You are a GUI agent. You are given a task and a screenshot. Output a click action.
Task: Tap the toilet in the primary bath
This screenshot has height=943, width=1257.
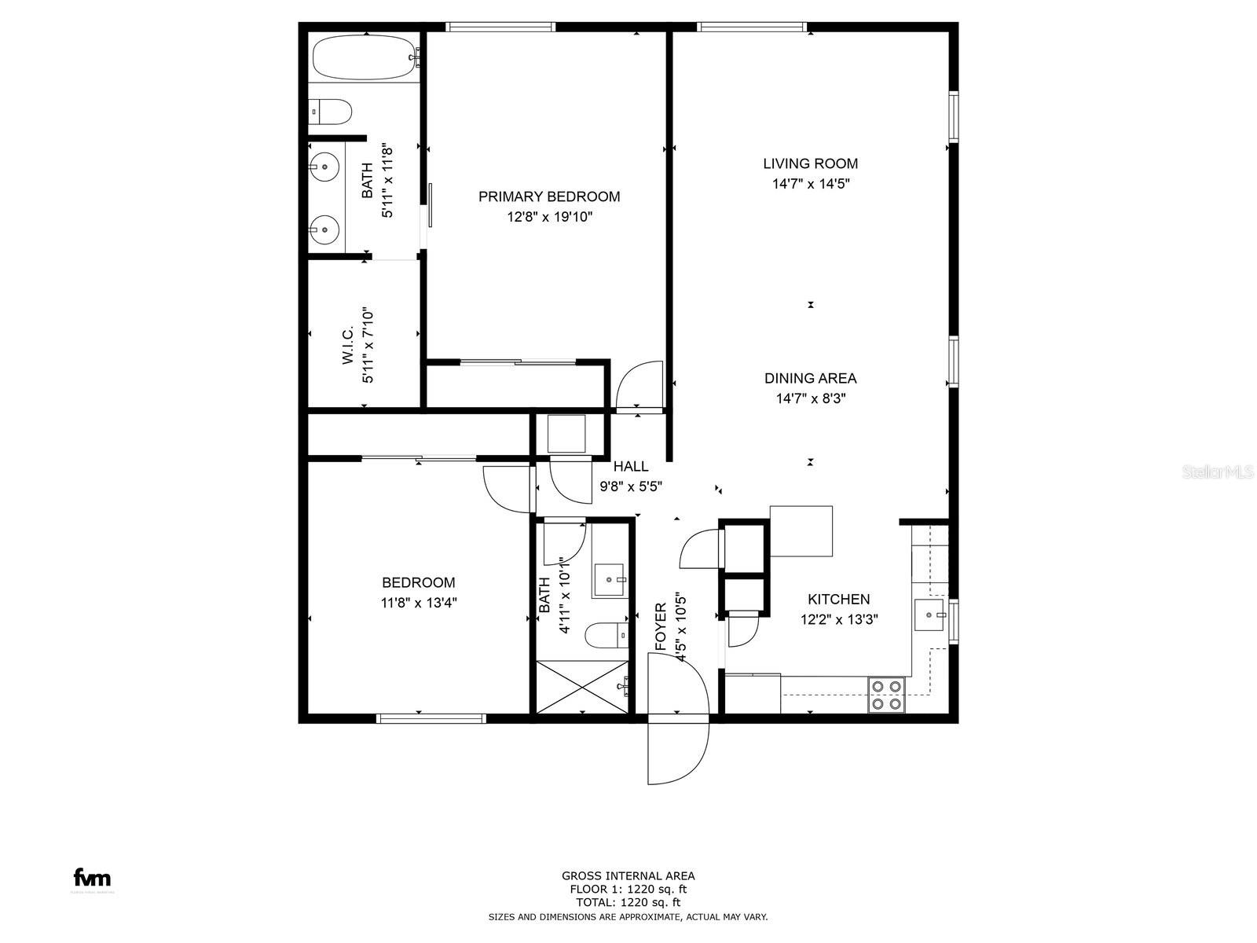(329, 112)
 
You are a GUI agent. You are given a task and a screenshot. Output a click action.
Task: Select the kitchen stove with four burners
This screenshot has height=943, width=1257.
(886, 695)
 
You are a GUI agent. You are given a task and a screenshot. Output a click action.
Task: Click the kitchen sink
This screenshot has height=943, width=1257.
(929, 615)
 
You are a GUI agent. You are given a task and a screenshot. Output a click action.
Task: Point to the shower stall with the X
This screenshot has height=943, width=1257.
(582, 687)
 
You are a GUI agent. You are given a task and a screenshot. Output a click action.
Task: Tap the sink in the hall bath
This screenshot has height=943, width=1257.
(610, 580)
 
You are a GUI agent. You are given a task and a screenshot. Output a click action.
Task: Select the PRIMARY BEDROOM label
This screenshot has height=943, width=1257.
(549, 197)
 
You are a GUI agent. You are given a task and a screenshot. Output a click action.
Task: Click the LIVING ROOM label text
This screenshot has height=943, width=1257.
(810, 163)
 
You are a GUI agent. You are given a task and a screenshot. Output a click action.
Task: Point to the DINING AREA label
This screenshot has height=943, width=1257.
(810, 379)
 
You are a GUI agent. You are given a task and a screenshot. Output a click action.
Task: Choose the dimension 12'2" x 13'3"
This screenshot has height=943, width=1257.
(839, 619)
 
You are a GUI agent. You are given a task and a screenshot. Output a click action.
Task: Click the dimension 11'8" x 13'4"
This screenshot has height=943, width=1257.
(419, 603)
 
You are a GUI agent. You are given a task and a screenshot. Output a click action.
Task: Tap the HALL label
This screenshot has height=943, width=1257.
(631, 467)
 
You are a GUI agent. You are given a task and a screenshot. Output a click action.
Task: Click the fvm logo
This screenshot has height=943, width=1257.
(92, 877)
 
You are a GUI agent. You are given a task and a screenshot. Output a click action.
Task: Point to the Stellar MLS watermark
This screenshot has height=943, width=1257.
(1218, 472)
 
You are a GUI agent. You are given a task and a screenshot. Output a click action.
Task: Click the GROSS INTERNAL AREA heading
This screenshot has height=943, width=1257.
(628, 876)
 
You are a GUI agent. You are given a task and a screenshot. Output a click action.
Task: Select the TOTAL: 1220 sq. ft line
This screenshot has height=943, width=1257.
(628, 903)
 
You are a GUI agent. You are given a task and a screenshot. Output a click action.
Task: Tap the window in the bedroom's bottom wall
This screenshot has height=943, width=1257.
(431, 718)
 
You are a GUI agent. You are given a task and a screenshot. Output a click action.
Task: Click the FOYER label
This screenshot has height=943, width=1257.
(661, 626)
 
